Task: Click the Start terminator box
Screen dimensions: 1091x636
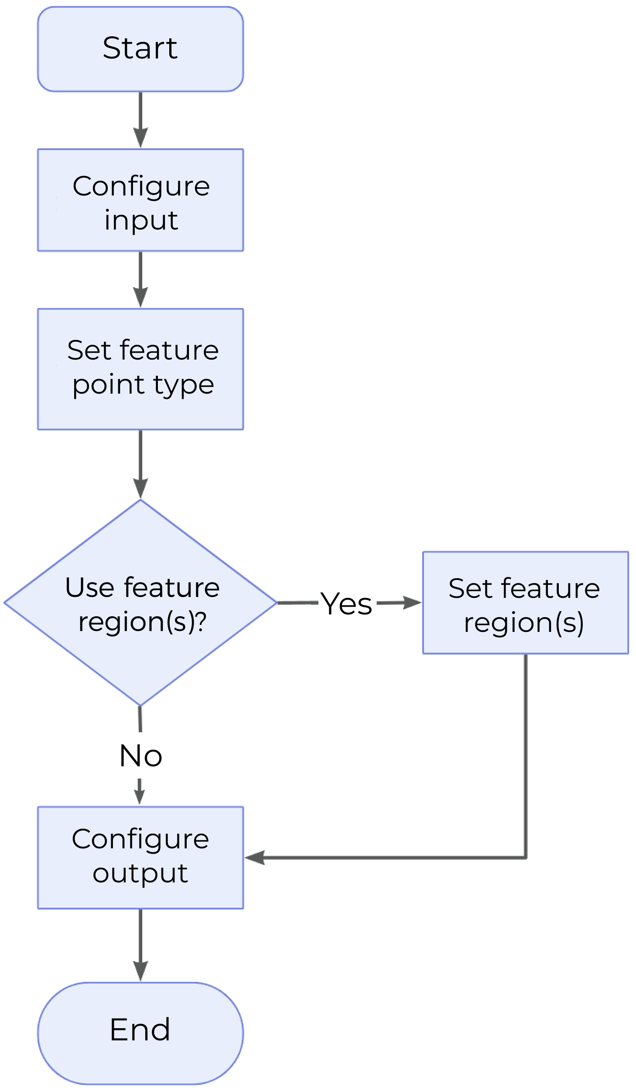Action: click(x=140, y=48)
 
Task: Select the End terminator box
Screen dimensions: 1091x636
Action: click(x=140, y=1033)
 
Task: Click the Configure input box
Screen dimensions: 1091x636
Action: click(x=140, y=200)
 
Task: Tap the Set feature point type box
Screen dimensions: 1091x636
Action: click(x=140, y=369)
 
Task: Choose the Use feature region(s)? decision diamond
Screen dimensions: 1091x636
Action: click(x=140, y=602)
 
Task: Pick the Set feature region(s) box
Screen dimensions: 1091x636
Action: click(x=525, y=603)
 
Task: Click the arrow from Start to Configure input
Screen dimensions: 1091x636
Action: click(x=140, y=120)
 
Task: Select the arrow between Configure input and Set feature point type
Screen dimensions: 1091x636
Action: click(x=140, y=279)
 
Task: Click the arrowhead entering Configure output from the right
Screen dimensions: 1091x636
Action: click(x=255, y=858)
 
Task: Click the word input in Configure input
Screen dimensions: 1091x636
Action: click(x=141, y=220)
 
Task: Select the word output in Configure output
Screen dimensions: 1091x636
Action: click(x=140, y=873)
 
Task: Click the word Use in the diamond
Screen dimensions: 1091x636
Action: click(x=90, y=587)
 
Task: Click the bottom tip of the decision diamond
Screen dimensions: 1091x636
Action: click(x=140, y=704)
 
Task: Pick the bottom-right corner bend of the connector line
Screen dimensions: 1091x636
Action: click(x=525, y=858)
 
